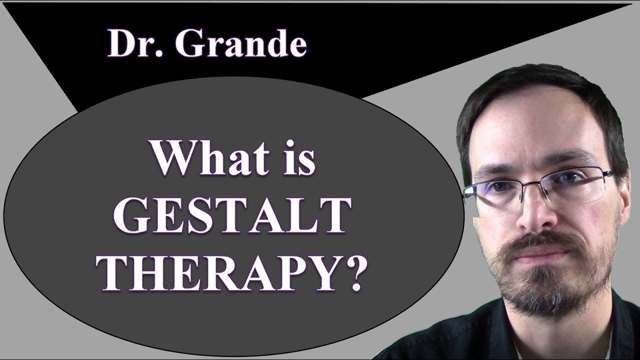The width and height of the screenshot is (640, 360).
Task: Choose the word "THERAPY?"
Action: pos(231,274)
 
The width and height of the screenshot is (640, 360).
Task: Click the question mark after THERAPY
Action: pos(351,274)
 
